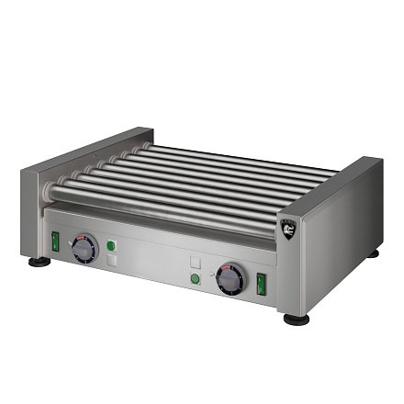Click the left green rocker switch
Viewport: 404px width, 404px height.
click(x=55, y=241)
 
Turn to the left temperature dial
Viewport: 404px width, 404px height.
click(x=84, y=249)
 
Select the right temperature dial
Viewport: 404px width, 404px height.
click(x=230, y=278)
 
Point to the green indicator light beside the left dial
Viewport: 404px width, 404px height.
click(x=110, y=245)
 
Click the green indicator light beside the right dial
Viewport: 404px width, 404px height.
click(x=195, y=280)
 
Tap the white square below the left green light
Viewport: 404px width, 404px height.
click(x=111, y=261)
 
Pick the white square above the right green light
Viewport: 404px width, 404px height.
click(x=195, y=263)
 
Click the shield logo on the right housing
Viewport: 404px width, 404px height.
click(x=289, y=225)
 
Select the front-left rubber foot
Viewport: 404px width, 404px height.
click(x=39, y=262)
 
